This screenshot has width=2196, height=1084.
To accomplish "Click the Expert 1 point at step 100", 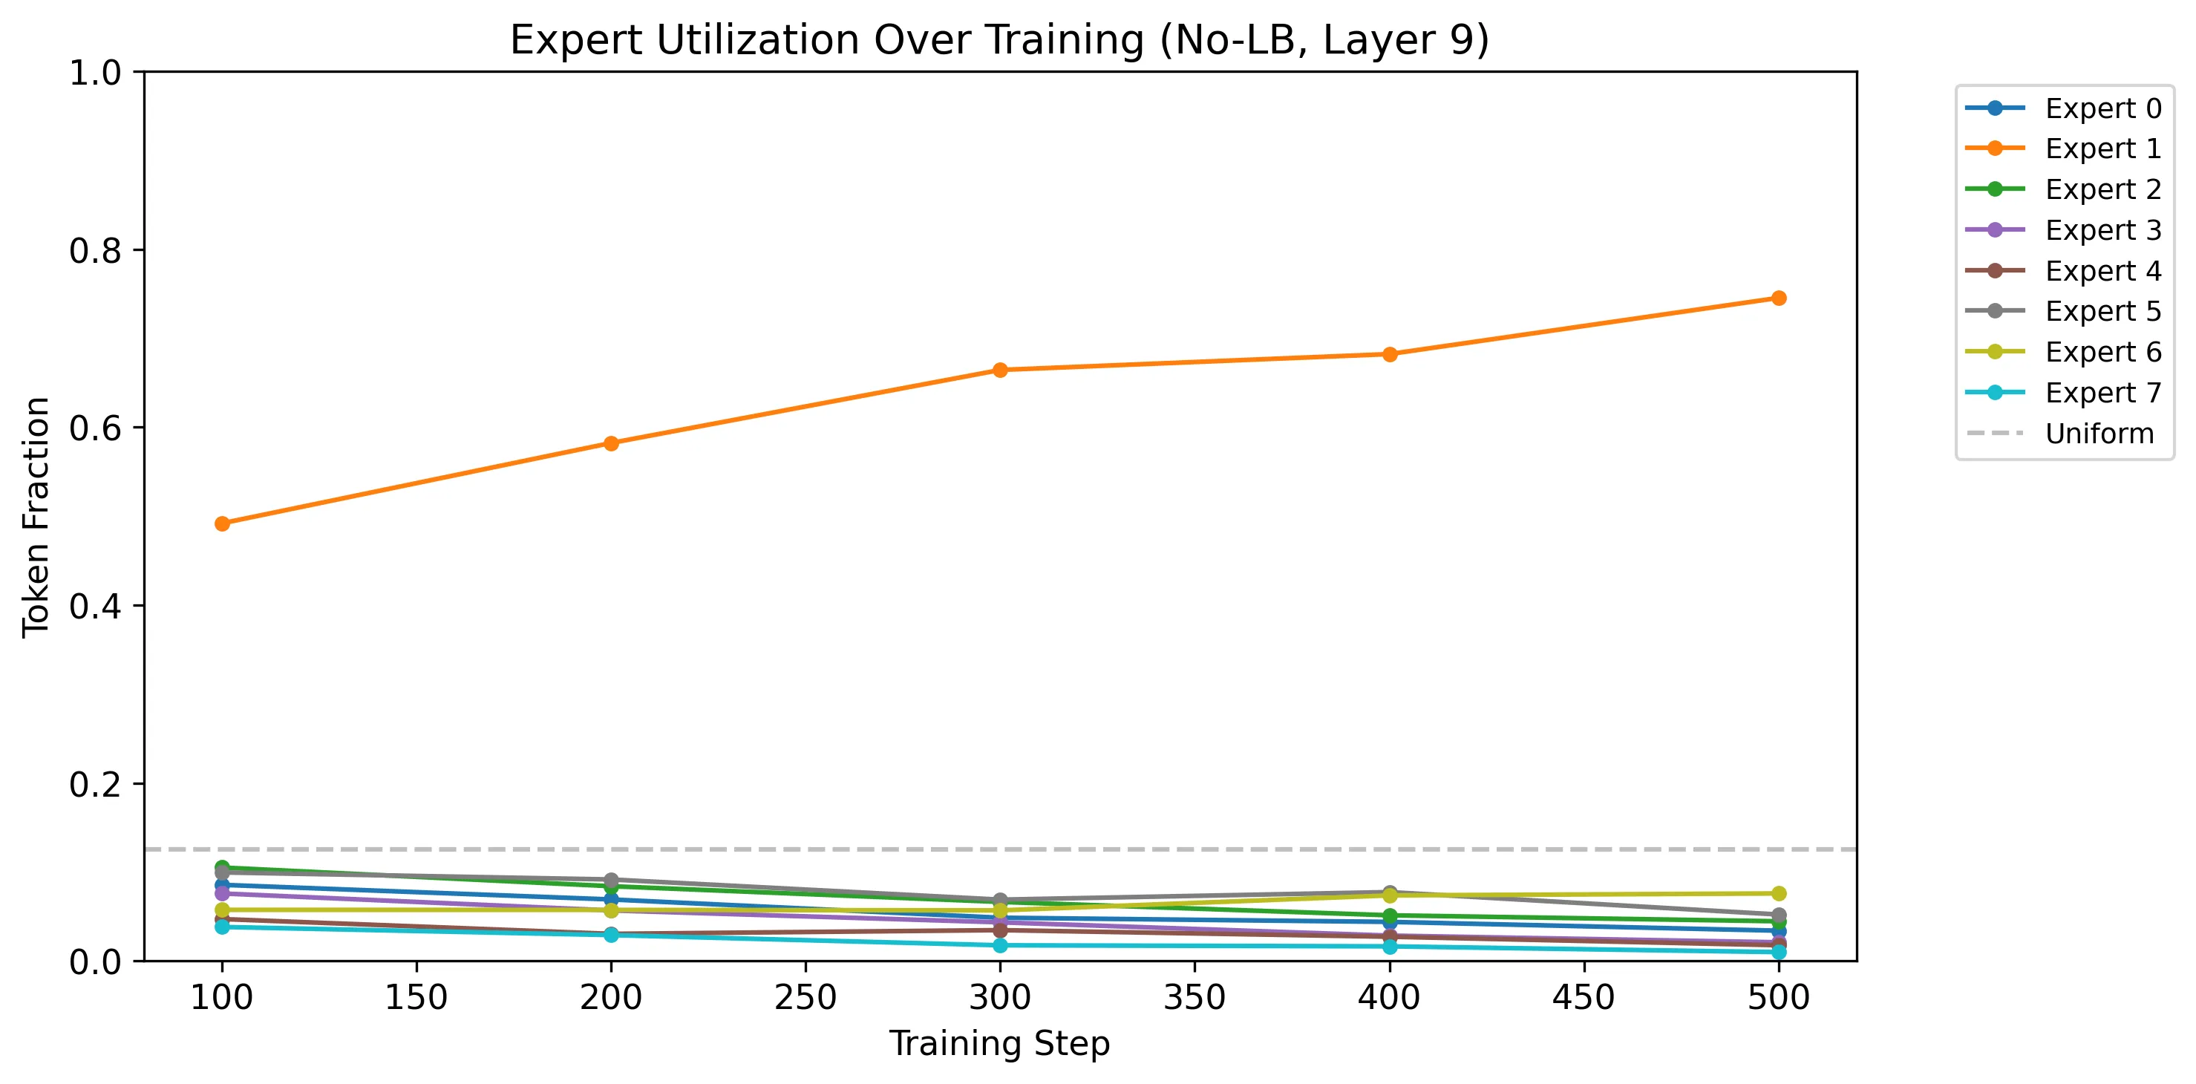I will point(223,523).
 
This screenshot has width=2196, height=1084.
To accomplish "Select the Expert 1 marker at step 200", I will point(611,443).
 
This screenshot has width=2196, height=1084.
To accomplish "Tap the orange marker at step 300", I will point(1001,370).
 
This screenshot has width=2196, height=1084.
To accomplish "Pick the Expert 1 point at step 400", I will point(1390,355).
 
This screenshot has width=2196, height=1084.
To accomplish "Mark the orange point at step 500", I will point(1779,298).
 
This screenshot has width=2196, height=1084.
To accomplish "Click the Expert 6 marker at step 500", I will point(1779,894).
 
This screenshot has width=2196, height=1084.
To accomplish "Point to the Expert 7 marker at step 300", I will point(1001,946).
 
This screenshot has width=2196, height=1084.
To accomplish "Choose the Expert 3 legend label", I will point(2103,230).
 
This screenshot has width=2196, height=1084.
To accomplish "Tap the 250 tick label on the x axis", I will point(805,997).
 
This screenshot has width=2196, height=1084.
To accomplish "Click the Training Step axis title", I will point(1000,1044).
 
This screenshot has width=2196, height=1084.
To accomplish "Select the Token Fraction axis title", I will point(36,517).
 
